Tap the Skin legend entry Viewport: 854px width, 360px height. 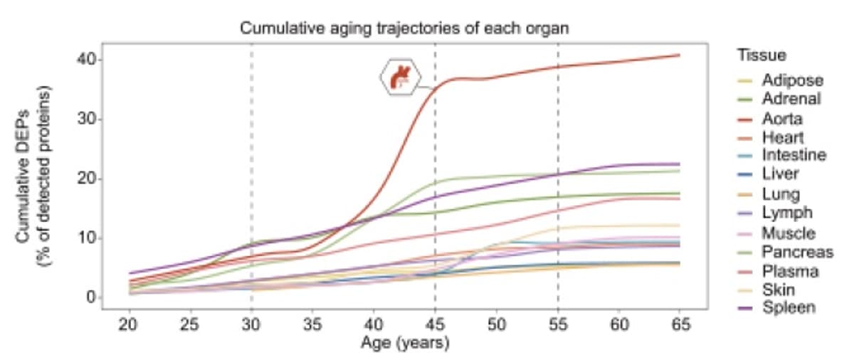(x=778, y=290)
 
